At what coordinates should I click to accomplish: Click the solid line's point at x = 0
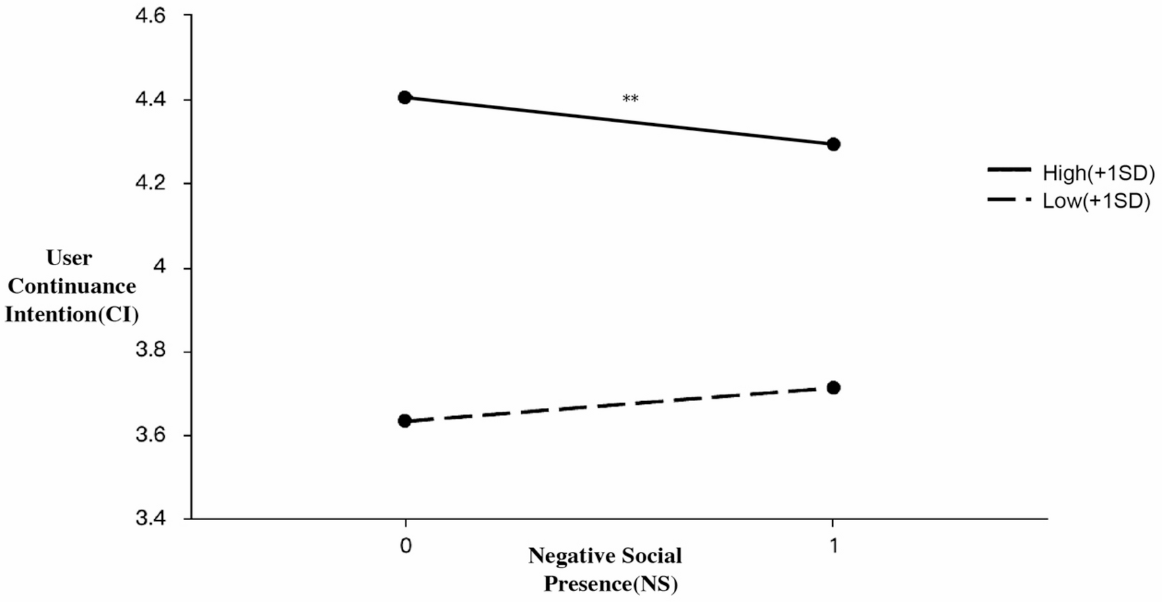pos(404,97)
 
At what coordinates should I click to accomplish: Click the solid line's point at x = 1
pos(833,144)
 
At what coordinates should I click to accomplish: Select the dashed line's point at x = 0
pos(404,421)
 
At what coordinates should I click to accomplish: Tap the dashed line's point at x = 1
pos(833,388)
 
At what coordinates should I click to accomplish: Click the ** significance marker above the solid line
pos(630,99)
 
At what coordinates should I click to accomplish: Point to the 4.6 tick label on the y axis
pos(150,16)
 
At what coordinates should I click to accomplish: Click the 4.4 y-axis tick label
pos(150,99)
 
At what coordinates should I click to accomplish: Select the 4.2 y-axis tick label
pos(150,183)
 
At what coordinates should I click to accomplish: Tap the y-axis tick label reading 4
pos(160,267)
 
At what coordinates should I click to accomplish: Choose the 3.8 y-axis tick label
pos(150,350)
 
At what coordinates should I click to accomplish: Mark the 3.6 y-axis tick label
pos(150,434)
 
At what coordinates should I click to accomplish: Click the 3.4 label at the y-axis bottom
pos(150,518)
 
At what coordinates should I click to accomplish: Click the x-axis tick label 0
pos(405,545)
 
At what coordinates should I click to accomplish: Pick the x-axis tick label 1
pos(833,545)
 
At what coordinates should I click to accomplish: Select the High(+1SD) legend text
pos(1098,173)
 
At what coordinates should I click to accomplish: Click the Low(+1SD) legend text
pos(1096,201)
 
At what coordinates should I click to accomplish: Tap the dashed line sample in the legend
pos(1009,200)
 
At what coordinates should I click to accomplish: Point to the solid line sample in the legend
pos(1009,169)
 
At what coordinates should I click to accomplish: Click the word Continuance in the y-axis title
pos(72,286)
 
